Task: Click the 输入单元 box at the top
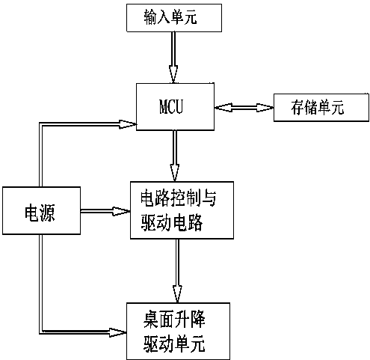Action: point(173,17)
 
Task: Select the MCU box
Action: point(173,106)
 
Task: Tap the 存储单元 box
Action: point(320,109)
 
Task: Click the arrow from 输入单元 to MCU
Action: point(173,57)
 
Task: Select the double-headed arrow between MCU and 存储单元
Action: point(243,109)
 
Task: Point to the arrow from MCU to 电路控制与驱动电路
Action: point(173,153)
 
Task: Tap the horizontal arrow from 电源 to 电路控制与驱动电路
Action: point(103,212)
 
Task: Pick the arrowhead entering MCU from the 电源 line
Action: point(123,125)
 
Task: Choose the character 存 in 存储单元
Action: point(297,110)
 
